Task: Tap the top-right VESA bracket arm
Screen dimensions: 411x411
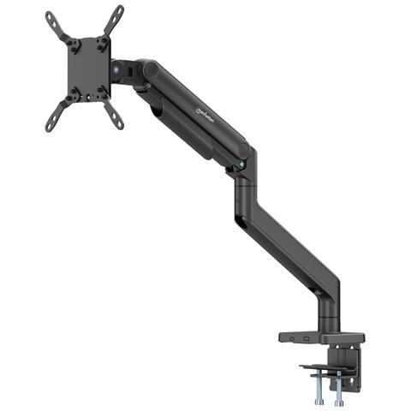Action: click(113, 19)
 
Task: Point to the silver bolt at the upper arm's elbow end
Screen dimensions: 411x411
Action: click(242, 163)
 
